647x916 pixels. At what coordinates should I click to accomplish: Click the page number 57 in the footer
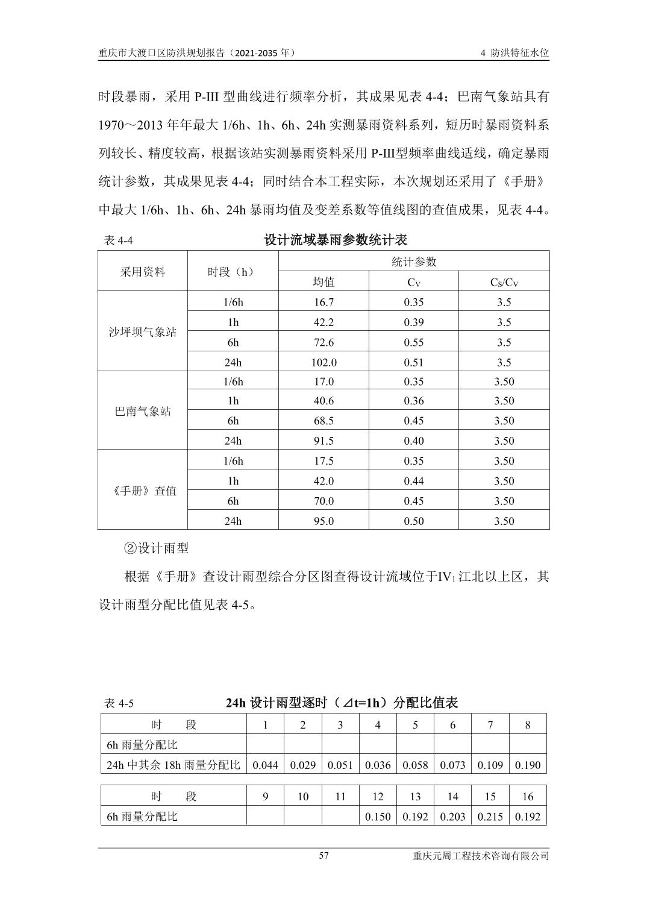pos(323,856)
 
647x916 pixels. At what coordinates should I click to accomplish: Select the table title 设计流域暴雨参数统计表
pos(336,240)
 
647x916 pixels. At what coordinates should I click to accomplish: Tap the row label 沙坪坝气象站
pos(143,332)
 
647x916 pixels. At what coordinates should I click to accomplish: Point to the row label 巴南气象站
pos(143,412)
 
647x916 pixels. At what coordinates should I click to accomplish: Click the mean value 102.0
pos(323,362)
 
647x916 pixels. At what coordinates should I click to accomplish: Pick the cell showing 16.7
pos(323,303)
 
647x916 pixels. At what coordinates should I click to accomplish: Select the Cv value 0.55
pos(414,342)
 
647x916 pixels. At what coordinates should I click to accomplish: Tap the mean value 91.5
pos(323,441)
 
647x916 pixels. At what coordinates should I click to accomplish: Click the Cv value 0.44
pos(414,481)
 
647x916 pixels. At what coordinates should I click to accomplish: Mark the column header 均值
pos(323,282)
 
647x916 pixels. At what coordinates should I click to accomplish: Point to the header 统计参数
pos(414,262)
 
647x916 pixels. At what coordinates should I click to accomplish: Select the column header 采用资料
pos(143,272)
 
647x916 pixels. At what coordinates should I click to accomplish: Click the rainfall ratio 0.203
pos(452,817)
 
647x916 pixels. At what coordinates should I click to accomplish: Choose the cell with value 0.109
pos(490,765)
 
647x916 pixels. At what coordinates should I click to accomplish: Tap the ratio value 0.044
pos(265,765)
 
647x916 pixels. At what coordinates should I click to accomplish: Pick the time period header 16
pos(528,797)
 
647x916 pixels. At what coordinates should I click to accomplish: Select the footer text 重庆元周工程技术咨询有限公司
pos(481,856)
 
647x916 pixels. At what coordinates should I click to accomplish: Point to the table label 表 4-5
pos(119,703)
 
